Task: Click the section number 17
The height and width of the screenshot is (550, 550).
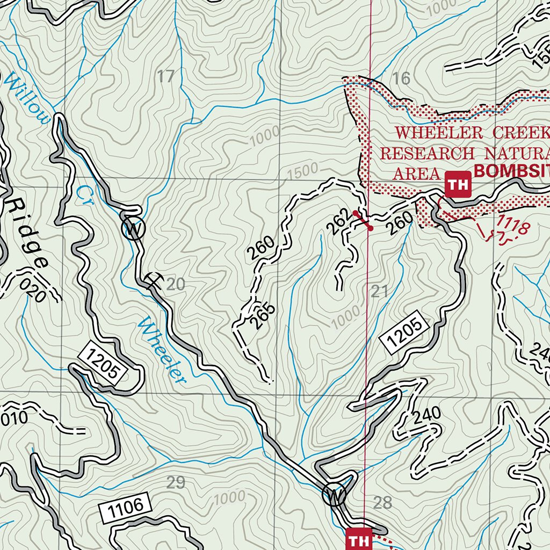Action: click(167, 77)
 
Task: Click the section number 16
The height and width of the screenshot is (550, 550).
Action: click(401, 78)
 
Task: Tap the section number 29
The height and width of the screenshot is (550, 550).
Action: click(176, 482)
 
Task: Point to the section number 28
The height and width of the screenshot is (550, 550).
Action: click(382, 503)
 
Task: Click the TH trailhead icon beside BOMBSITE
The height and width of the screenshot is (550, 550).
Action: click(458, 185)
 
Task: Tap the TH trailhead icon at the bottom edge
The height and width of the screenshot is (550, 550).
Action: click(358, 538)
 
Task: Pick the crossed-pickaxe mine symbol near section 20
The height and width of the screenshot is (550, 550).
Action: click(154, 279)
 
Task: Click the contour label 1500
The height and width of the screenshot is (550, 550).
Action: click(303, 171)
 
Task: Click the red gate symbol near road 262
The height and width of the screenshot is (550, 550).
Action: click(363, 221)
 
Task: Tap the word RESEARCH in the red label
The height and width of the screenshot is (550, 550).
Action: click(427, 153)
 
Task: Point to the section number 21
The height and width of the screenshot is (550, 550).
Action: click(379, 292)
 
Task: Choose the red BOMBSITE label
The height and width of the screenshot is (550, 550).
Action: click(511, 172)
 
